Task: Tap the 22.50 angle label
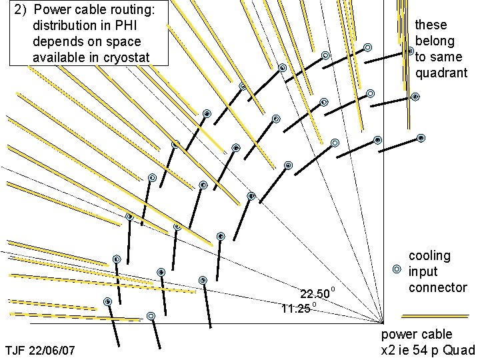point(314,294)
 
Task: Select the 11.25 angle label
point(295,309)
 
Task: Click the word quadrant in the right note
point(441,73)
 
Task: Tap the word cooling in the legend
point(429,256)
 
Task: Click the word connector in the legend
point(437,287)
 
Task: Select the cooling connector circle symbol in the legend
point(397,269)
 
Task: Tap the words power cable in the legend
point(416,334)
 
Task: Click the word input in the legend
point(423,271)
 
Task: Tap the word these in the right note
point(431,25)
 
